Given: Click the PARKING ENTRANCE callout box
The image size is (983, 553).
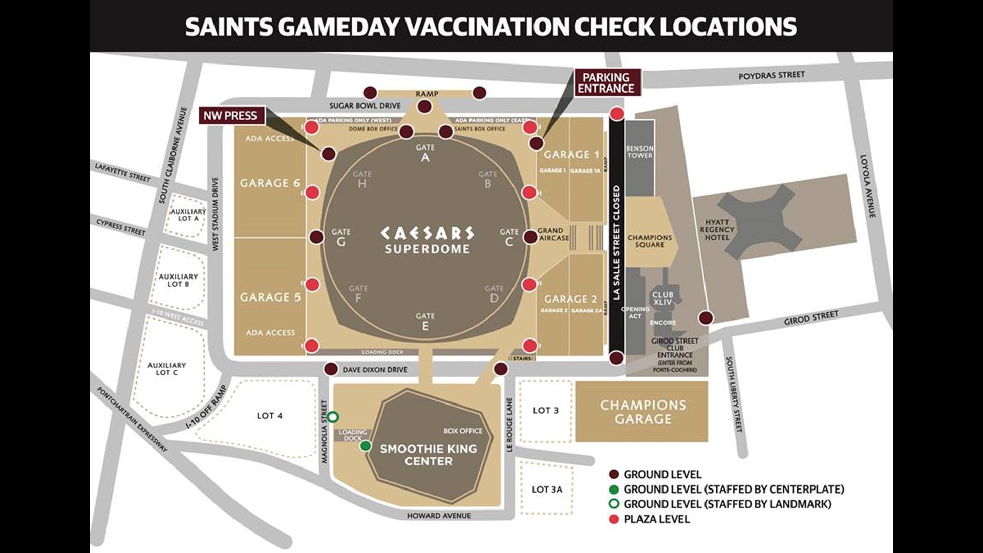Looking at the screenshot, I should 606,83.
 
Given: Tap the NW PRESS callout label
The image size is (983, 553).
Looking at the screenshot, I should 230,116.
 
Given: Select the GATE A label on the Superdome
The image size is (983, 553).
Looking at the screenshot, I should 425,153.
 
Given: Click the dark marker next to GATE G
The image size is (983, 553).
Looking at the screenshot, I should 317,237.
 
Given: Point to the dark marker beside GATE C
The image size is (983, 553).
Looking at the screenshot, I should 530,237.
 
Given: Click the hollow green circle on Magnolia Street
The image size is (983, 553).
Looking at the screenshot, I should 333,417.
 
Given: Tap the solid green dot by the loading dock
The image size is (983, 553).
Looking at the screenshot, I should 366,446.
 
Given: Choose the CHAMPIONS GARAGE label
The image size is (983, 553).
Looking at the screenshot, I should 643,412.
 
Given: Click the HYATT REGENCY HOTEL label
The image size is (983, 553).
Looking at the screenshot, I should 717,230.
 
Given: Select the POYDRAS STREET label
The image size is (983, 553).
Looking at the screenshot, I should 771,76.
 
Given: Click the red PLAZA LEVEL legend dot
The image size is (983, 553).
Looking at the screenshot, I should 614,519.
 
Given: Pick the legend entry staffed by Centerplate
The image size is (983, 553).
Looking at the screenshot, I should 733,489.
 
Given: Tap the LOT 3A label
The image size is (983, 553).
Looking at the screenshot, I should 546,490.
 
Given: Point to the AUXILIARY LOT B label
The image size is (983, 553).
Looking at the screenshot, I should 178,280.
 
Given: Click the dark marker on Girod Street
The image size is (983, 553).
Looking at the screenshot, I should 706,318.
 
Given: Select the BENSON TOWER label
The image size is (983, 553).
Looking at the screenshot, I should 639,152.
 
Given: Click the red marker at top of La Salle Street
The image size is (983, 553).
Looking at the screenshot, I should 617,114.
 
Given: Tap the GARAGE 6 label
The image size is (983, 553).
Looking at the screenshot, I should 270,183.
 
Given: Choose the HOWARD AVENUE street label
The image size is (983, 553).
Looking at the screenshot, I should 438,516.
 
